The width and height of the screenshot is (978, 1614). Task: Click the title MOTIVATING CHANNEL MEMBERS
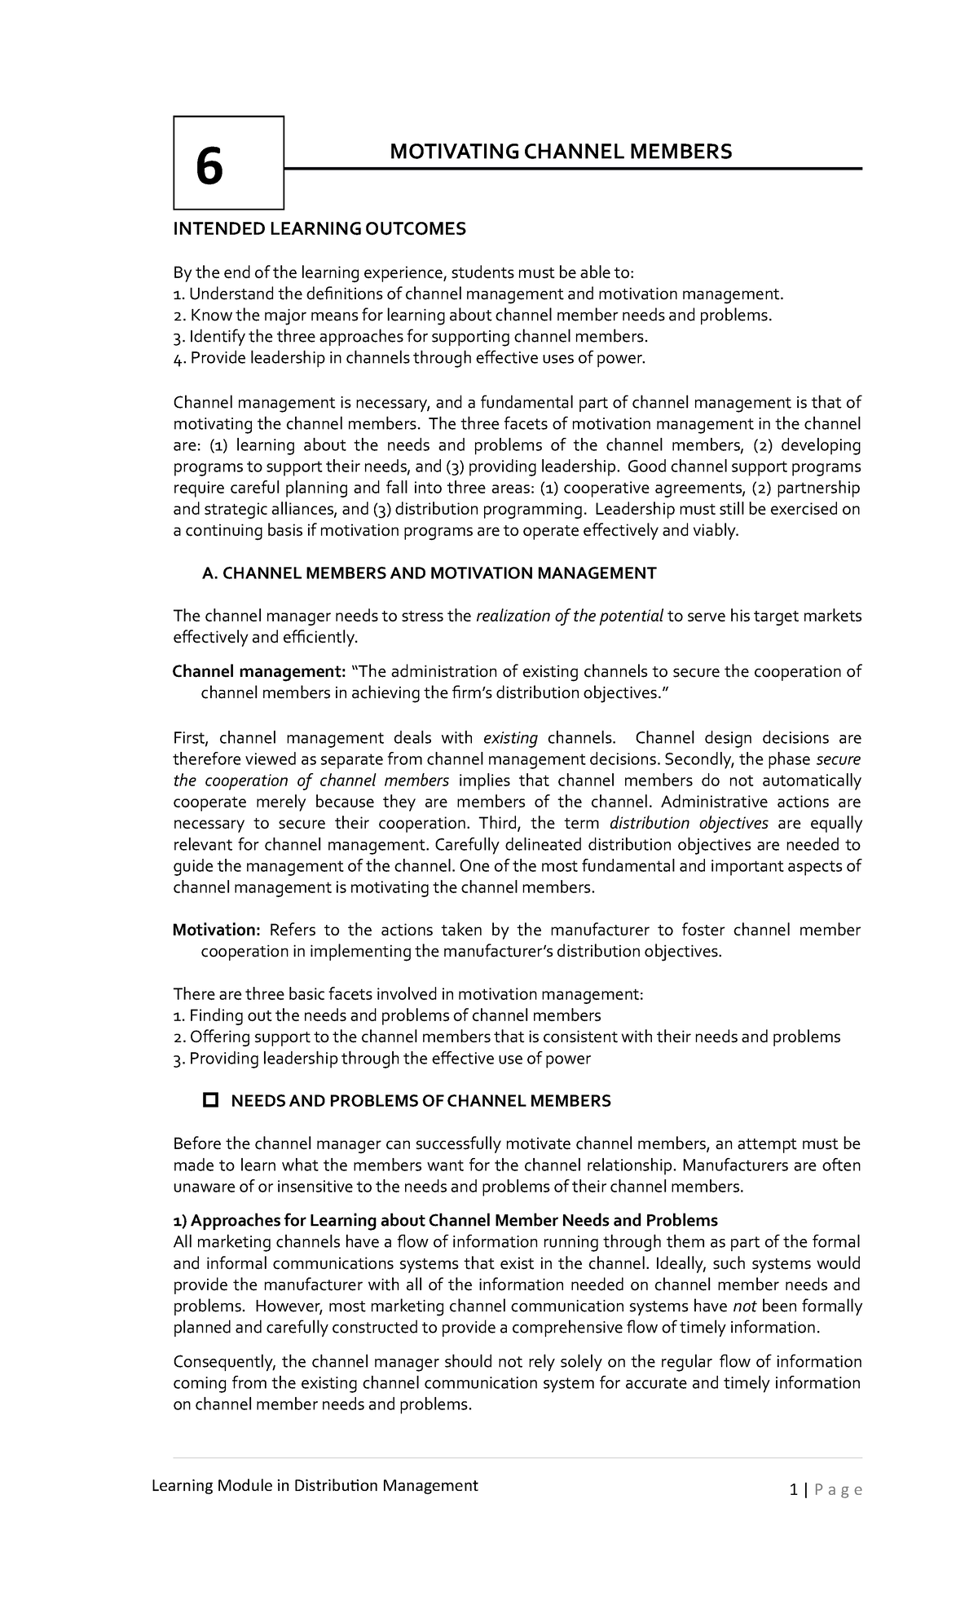pos(561,151)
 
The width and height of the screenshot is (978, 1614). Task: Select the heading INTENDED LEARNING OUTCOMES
pos(319,229)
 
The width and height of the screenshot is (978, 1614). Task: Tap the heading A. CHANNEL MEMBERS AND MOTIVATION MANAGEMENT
pos(428,573)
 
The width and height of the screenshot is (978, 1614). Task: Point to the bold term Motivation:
pos(216,931)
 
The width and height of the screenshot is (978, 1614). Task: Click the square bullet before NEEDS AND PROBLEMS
pos(210,1101)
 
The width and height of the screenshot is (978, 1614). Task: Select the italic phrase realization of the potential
pos(569,616)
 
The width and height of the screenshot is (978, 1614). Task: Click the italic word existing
pos(510,738)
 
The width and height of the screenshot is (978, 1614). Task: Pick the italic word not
pos(745,1307)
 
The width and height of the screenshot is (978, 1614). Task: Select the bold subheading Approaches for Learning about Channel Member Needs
pos(445,1221)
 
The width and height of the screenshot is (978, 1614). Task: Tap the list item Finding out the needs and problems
pos(387,1015)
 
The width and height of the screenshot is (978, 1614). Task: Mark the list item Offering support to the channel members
pos(506,1037)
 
